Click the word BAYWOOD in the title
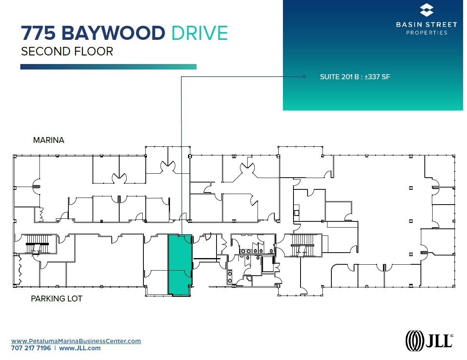(x=113, y=34)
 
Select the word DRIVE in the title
(x=200, y=34)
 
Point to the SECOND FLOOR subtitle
(x=67, y=52)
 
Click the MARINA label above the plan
(x=48, y=140)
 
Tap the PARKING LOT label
(x=57, y=299)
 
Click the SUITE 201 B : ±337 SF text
(x=355, y=77)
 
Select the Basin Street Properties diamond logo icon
(x=426, y=11)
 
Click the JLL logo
(x=429, y=339)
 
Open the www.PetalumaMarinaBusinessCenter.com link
(x=76, y=341)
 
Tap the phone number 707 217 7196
(x=31, y=348)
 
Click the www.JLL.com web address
(x=80, y=348)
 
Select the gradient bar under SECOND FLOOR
(x=108, y=67)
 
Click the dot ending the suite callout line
(x=304, y=77)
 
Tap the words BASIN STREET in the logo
(x=426, y=25)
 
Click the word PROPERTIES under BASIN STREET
(x=426, y=32)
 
